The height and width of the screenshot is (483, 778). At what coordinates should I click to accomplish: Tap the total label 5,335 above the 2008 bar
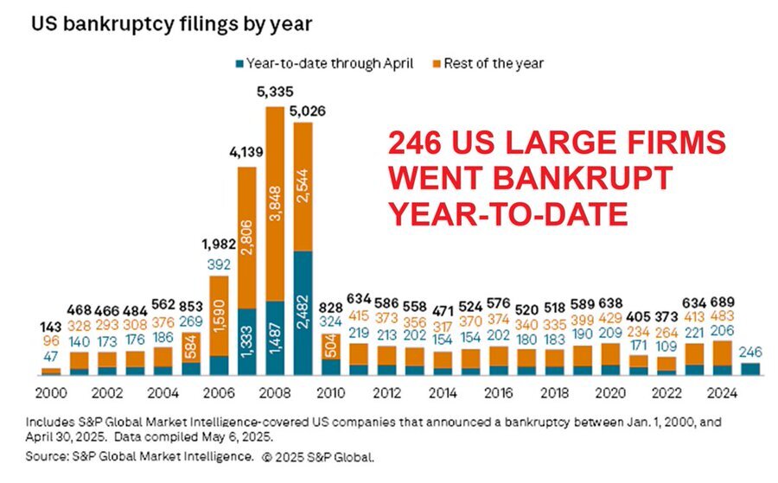(x=275, y=91)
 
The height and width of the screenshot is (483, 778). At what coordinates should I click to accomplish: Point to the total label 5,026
(x=303, y=110)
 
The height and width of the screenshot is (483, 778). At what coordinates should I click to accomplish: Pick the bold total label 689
(x=722, y=302)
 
